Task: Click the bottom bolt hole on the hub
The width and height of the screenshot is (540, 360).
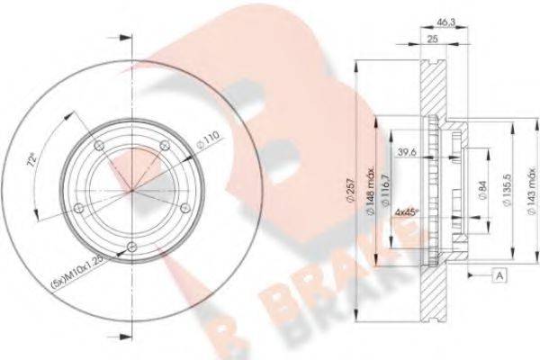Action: [132, 247]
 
